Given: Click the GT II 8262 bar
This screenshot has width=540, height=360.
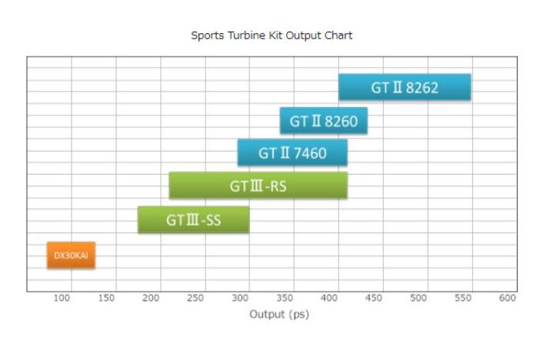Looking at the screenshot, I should tap(405, 88).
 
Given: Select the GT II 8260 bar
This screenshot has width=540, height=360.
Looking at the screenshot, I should tap(323, 121).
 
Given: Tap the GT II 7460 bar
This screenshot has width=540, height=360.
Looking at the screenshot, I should tap(292, 153).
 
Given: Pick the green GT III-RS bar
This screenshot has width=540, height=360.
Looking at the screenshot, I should tap(258, 185).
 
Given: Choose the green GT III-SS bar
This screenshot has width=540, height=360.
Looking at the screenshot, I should tap(193, 220).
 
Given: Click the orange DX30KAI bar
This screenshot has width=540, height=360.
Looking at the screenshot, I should tap(71, 255).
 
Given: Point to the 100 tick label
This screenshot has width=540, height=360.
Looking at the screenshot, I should tap(63, 298).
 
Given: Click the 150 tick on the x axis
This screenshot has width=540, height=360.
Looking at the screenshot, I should tap(107, 298).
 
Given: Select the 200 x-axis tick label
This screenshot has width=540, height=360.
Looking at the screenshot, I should tap(152, 298).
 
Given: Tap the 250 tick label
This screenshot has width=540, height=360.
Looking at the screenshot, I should tap(196, 298).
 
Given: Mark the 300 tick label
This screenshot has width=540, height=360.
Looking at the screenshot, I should tap(241, 298).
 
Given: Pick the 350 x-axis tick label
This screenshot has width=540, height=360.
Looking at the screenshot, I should tap(285, 298).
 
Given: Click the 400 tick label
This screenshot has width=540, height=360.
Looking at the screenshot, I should tap(329, 298).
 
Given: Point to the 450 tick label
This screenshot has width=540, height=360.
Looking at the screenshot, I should tap(374, 298).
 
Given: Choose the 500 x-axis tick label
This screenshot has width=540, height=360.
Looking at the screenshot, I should tap(418, 298).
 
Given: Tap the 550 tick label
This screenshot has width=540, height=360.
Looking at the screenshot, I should tap(463, 298).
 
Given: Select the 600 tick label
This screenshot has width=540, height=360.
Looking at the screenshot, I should tap(507, 298).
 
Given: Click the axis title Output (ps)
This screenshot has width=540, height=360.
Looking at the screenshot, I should tap(278, 314).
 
